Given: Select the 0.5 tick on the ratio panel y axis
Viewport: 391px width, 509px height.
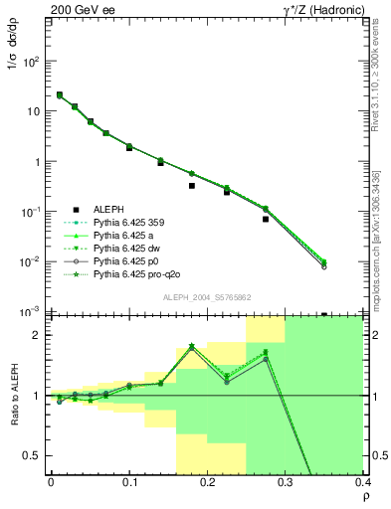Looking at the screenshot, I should [34, 456].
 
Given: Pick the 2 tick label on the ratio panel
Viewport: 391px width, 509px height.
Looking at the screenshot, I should [37, 335].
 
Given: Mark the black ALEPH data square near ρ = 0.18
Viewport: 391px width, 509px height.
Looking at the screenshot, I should [192, 186].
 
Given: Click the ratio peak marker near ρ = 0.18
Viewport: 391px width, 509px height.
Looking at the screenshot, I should [192, 346].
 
